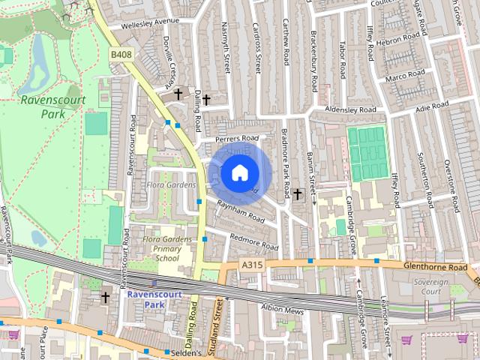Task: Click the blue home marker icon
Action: click(x=238, y=172)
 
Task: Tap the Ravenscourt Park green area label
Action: click(x=52, y=107)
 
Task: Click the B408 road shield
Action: click(x=121, y=55)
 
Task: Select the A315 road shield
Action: click(x=252, y=265)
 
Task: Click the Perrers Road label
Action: click(x=235, y=139)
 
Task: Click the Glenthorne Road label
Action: click(x=434, y=267)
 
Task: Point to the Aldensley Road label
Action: click(x=350, y=110)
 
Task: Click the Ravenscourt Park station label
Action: click(x=154, y=300)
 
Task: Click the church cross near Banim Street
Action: click(x=297, y=194)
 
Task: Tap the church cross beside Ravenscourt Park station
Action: click(x=105, y=297)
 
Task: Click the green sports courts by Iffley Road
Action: click(x=366, y=153)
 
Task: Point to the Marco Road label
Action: click(x=405, y=76)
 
